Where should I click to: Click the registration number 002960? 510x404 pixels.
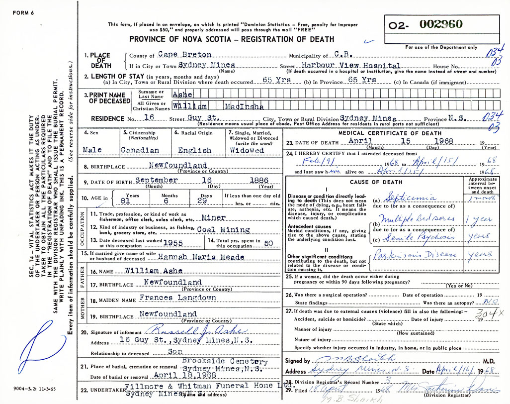click(x=441, y=24)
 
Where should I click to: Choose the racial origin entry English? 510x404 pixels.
click(x=195, y=150)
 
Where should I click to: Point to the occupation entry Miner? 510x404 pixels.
click(x=214, y=217)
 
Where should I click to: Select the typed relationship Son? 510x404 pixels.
click(x=174, y=352)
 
